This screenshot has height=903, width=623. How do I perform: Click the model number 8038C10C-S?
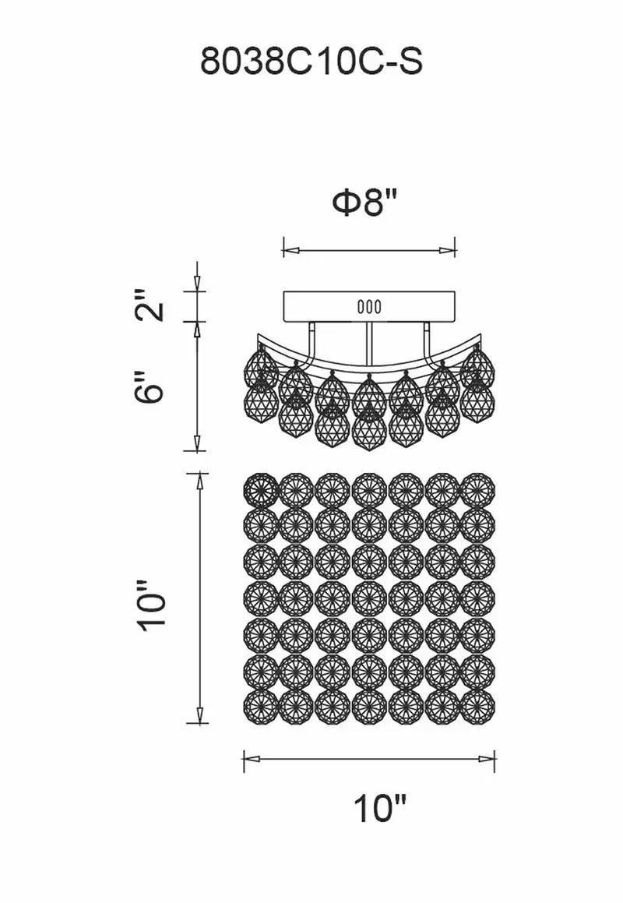point(311,62)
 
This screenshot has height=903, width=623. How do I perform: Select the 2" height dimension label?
point(152,306)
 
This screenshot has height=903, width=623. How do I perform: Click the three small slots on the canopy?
point(369,307)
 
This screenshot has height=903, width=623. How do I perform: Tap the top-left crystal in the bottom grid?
point(262,490)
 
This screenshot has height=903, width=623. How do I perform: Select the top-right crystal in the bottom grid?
point(478,490)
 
